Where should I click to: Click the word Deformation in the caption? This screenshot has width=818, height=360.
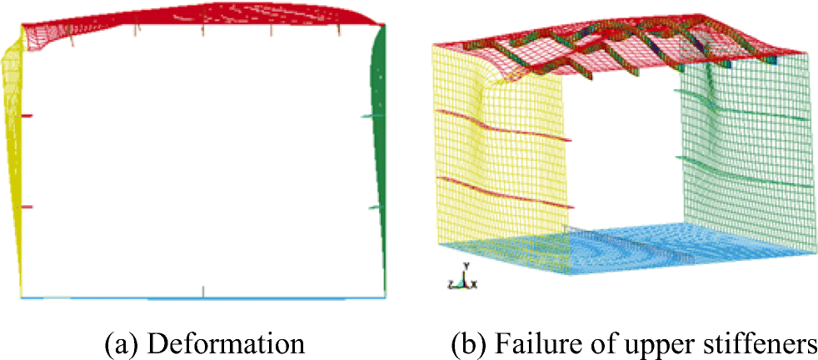click(242, 342)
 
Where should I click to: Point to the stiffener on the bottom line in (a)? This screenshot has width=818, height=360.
click(203, 291)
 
